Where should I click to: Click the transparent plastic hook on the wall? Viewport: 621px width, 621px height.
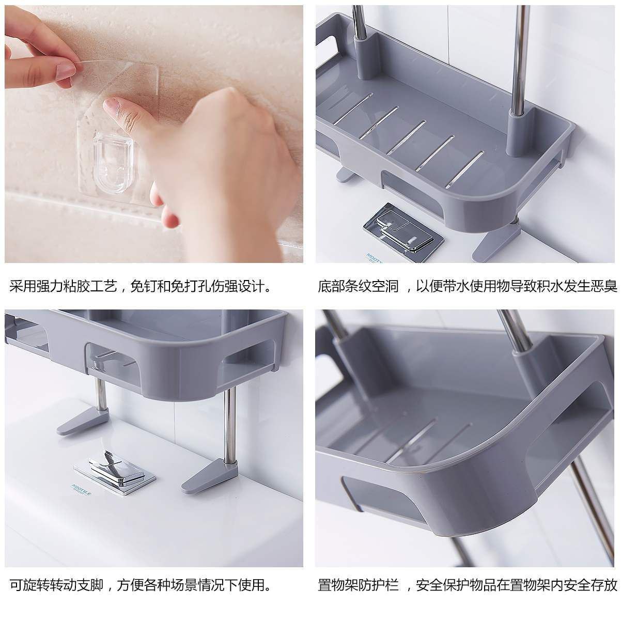tap(114, 162)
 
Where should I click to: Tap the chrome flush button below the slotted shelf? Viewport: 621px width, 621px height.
tap(403, 227)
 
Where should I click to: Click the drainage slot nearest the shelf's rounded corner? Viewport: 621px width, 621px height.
tap(464, 169)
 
